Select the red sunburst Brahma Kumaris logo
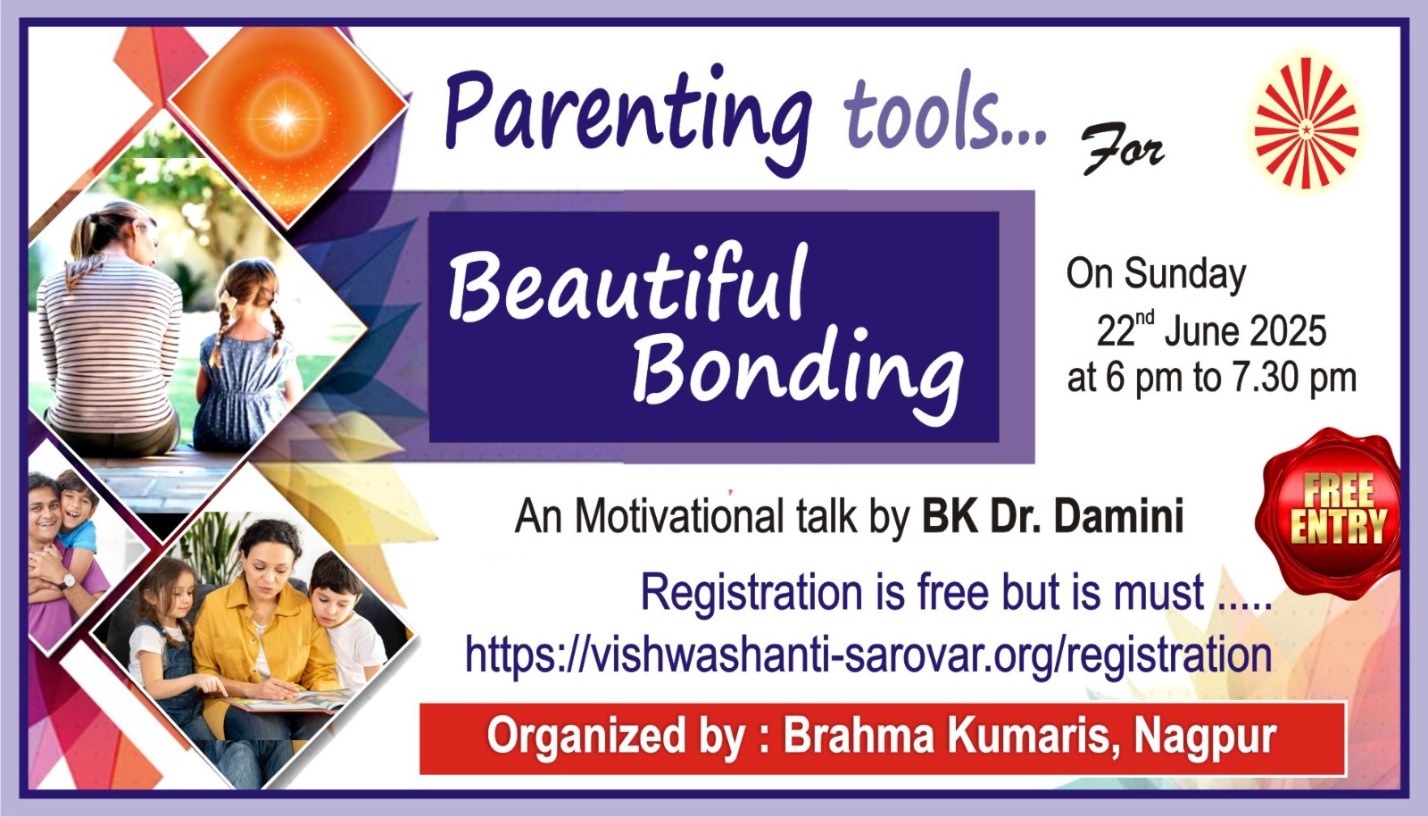(x=1306, y=123)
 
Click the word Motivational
(x=679, y=516)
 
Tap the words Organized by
(x=616, y=738)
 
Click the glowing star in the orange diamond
(x=286, y=117)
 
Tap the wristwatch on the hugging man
(x=66, y=581)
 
